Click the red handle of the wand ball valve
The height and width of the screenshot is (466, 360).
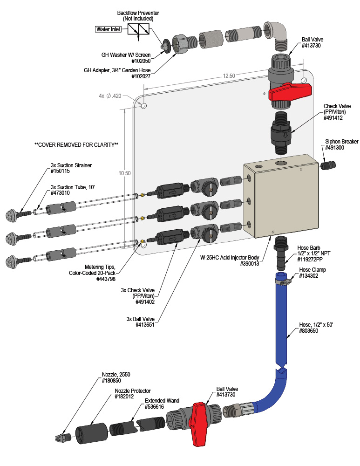(x=199, y=423)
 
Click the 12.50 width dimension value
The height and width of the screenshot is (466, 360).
(x=229, y=75)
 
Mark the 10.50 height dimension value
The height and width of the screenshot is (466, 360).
(x=124, y=173)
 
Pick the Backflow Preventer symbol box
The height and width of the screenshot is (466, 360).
(x=138, y=29)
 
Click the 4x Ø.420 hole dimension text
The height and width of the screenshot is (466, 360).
(x=110, y=96)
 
